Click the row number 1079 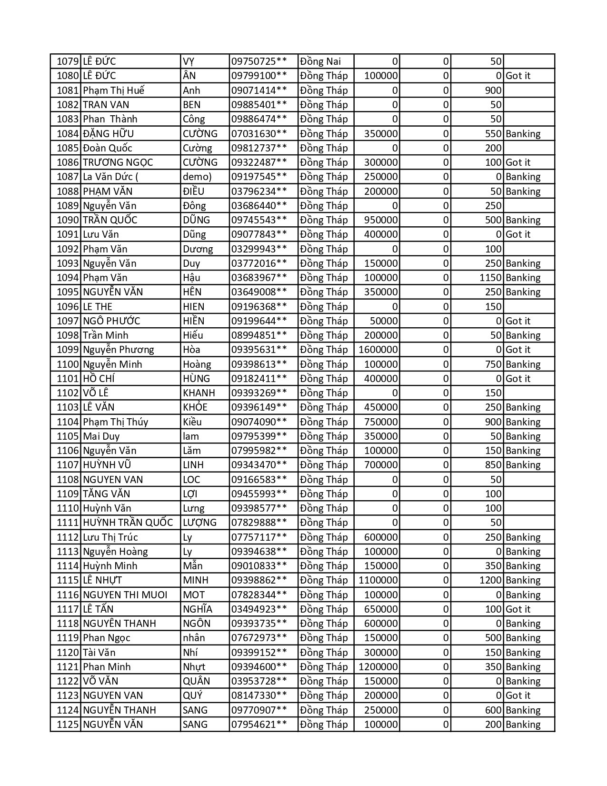coord(67,61)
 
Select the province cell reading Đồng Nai coord(320,61)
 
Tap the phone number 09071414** coord(259,91)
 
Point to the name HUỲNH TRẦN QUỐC coord(128,523)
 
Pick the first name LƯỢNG coord(199,523)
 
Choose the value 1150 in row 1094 coord(490,278)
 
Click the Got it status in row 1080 coord(517,76)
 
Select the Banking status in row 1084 coord(523,134)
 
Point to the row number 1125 coord(67,725)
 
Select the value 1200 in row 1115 coord(490,580)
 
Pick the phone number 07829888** coord(259,523)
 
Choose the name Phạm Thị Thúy coord(115,422)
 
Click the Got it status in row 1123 coord(517,695)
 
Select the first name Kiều coord(192,422)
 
